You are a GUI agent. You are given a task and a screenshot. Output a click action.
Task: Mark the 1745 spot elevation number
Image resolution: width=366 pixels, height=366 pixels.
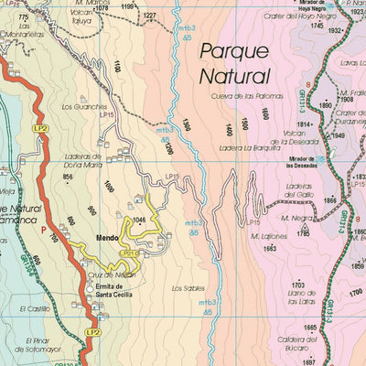click(318, 27)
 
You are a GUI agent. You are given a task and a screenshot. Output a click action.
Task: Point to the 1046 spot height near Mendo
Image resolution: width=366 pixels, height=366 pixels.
click(139, 221)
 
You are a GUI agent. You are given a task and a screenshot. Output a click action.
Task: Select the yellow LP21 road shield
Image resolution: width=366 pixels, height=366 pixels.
click(130, 253)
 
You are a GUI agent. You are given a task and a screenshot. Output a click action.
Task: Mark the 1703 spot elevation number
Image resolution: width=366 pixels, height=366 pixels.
click(297, 285)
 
